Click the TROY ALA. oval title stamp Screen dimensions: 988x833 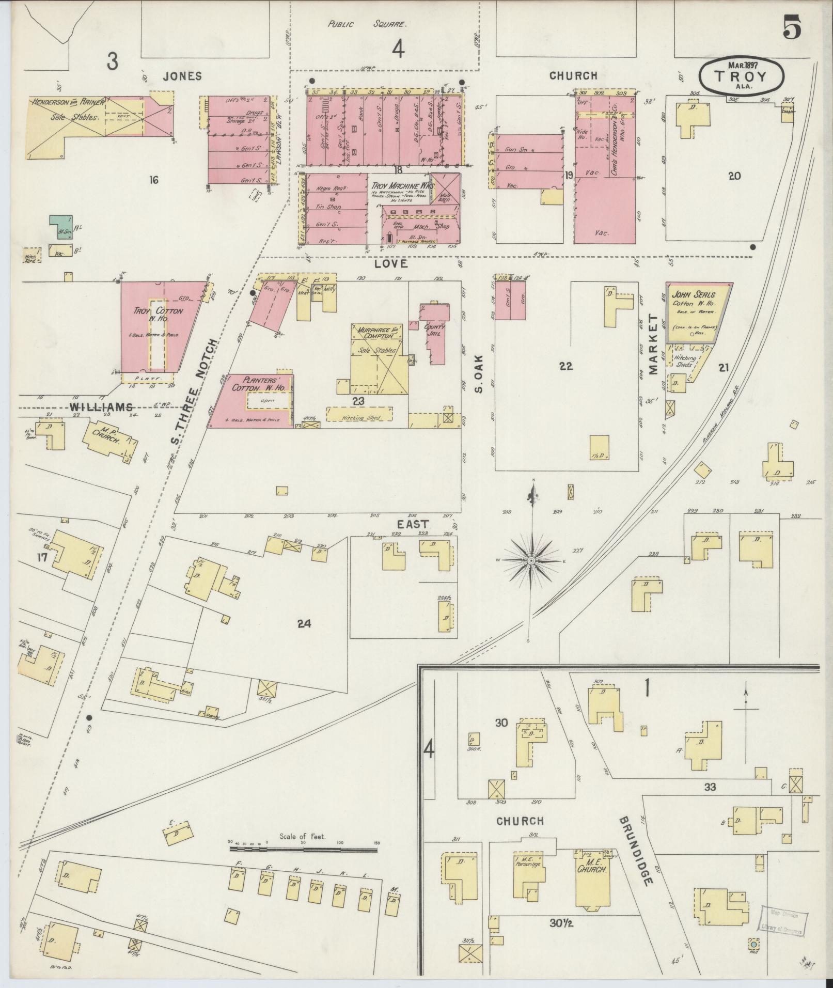pyautogui.click(x=741, y=75)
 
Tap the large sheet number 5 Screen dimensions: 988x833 pyautogui.click(x=792, y=27)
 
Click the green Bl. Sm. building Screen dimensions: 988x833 pyautogui.click(x=60, y=228)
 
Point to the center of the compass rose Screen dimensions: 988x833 pyautogui.click(x=531, y=560)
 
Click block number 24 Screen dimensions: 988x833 pyautogui.click(x=304, y=623)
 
